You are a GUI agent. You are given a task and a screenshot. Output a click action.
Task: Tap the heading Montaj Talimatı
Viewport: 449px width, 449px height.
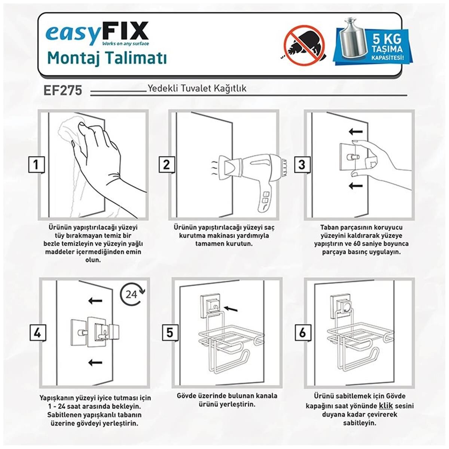pos(107,59)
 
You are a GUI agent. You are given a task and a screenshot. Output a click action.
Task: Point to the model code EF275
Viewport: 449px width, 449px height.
pos(63,91)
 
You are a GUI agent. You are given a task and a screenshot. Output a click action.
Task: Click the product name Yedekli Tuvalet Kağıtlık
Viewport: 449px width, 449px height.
pos(197,89)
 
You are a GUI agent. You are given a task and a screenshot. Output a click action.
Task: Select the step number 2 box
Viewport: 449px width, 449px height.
pos(166,165)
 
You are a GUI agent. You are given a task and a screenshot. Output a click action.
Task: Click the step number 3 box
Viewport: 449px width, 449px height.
pos(302,165)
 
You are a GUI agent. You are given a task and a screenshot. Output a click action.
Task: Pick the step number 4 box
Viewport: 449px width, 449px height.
pos(37,332)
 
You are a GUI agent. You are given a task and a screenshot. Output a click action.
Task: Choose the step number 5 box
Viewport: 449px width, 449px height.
pos(170,332)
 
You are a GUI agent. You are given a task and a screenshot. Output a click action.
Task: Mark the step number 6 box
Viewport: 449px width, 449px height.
pos(302,332)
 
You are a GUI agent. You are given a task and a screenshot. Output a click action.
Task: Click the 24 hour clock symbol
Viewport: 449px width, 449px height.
pos(132,294)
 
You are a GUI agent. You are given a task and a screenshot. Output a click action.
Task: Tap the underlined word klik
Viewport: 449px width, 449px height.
pos(385,406)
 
